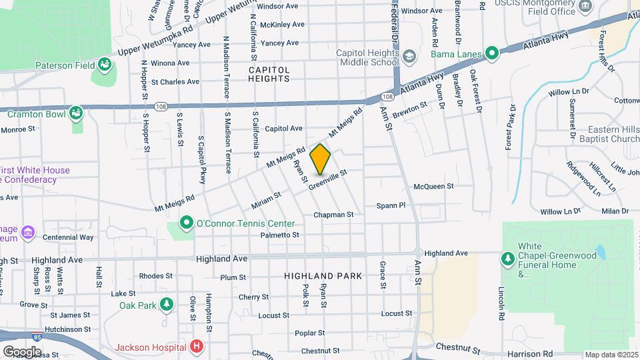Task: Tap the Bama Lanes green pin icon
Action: pos(492,53)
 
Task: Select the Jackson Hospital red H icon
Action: pos(197,347)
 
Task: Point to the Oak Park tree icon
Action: pos(166,305)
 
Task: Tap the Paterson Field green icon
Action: pos(104,65)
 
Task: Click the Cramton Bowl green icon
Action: pos(77,113)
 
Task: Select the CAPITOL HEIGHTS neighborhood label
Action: pos(269,73)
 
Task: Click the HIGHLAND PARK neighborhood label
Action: pos(323,275)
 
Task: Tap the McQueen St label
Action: pos(433,187)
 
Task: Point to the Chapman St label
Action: pos(333,215)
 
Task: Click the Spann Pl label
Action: pos(391,205)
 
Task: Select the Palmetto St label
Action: pos(280,235)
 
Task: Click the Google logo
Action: pos(22,351)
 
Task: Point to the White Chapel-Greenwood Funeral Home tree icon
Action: pos(508,257)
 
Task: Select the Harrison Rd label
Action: pos(549,353)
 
